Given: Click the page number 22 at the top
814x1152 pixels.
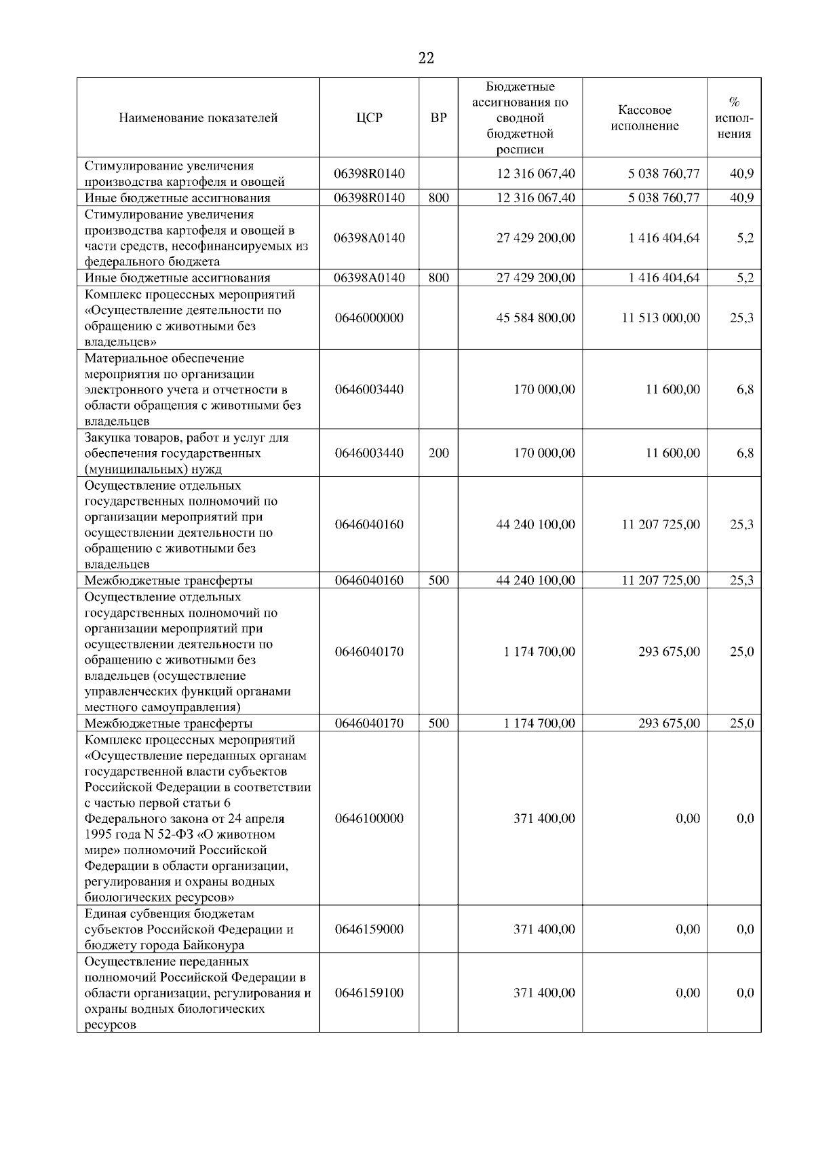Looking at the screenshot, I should (x=426, y=58).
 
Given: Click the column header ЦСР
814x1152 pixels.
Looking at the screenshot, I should (x=369, y=118).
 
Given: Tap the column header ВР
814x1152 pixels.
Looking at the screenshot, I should (x=439, y=118).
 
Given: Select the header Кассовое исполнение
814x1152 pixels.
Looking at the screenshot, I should (x=644, y=118).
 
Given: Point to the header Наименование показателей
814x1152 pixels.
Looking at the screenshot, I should (x=198, y=118).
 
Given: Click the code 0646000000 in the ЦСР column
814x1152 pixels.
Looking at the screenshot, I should (x=369, y=318).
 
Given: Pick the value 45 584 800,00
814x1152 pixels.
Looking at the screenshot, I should (x=535, y=318).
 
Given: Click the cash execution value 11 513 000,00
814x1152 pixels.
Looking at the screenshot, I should (x=661, y=318).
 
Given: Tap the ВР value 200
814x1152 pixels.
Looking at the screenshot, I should (x=439, y=453).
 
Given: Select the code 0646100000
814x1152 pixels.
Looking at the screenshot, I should (x=369, y=819).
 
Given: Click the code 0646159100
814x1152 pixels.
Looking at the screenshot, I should (x=369, y=993).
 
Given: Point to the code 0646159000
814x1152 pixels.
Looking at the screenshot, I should (x=369, y=929).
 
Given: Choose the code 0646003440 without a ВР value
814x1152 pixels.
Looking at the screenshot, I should (x=369, y=389).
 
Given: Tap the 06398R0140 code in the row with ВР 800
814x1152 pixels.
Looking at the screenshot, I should (x=369, y=198).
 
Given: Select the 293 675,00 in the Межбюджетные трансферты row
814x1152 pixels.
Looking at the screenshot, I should (x=669, y=724).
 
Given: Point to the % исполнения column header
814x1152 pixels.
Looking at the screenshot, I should (x=734, y=118).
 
